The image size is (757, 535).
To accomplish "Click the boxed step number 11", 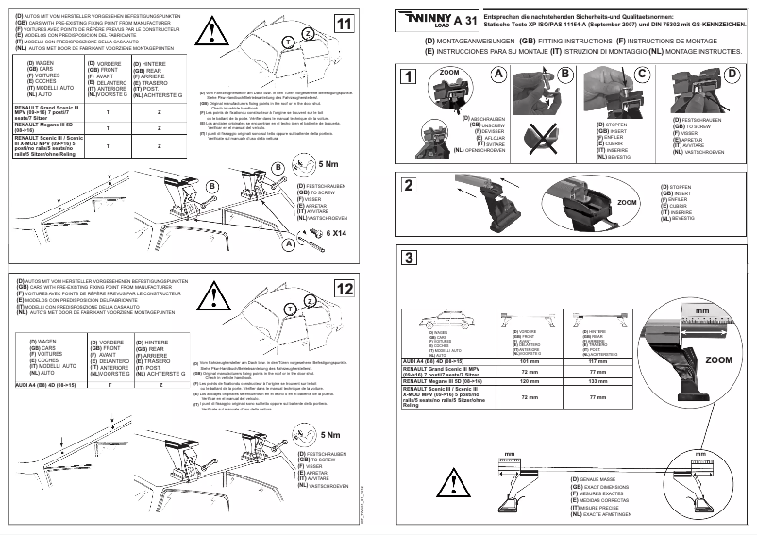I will (x=345, y=22).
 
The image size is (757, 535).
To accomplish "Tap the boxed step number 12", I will (x=345, y=289).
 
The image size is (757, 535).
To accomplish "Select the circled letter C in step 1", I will (x=643, y=73).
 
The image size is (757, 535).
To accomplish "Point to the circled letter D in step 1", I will (x=731, y=73).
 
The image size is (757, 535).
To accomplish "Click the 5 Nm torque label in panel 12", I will (x=331, y=434).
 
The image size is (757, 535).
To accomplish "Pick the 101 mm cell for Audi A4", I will (x=530, y=360).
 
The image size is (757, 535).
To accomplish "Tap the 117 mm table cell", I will (x=597, y=360).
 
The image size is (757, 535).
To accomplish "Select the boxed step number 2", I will (x=408, y=185).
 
